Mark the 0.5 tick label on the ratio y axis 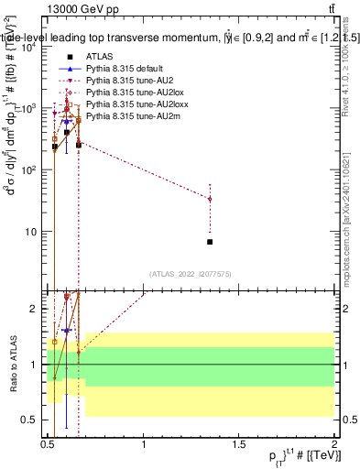click(x=31, y=420)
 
